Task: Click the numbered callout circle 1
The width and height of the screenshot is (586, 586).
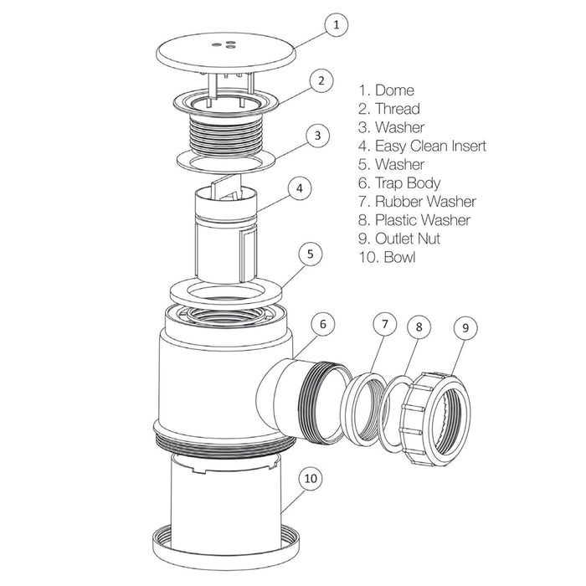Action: (337, 24)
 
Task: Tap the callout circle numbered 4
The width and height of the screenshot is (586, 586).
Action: (300, 188)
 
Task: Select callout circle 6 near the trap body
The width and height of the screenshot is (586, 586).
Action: (323, 324)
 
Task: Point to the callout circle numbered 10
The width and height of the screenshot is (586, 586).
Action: (311, 478)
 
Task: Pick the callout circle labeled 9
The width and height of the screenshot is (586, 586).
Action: (465, 328)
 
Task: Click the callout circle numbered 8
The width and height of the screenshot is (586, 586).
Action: (419, 327)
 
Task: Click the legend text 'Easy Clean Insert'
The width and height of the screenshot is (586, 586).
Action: (430, 146)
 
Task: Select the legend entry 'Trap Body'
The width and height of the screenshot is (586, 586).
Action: (408, 183)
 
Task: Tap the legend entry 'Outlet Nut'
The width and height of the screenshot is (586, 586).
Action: (408, 239)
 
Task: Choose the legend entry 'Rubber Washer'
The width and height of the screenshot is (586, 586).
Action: (425, 202)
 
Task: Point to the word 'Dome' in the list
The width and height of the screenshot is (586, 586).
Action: (394, 90)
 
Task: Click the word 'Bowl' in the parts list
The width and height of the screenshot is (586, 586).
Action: (399, 258)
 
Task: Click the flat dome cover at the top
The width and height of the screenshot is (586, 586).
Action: (226, 51)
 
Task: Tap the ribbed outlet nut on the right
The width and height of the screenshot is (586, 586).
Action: (436, 419)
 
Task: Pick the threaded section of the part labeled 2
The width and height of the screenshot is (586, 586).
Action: (226, 135)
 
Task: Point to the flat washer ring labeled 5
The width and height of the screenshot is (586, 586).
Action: (226, 292)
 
